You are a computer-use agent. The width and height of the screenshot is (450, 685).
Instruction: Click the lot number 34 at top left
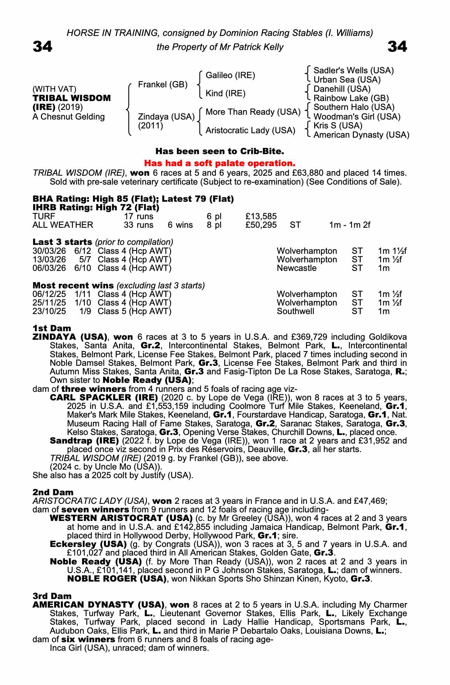click(x=42, y=47)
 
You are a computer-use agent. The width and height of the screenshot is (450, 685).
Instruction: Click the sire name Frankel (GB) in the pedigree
click(x=163, y=85)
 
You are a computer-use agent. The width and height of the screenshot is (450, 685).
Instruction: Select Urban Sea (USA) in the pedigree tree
click(x=347, y=80)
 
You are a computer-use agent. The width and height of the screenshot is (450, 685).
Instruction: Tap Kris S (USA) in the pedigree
click(x=338, y=126)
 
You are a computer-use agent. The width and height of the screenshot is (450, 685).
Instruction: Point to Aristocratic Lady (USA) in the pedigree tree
click(x=250, y=130)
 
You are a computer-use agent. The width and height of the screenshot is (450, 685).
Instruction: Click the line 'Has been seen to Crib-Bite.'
click(x=220, y=151)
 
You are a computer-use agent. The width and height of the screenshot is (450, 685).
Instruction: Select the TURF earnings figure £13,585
click(x=261, y=216)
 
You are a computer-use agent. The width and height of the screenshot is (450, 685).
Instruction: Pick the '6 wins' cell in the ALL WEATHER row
click(x=180, y=225)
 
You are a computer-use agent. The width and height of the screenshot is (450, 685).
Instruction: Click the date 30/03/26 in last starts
click(x=49, y=251)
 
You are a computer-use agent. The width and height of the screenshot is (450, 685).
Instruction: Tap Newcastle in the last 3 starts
click(x=296, y=268)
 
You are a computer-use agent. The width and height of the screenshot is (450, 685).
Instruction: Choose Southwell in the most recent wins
click(x=295, y=311)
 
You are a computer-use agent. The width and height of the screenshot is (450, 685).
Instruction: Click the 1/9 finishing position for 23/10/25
click(x=85, y=311)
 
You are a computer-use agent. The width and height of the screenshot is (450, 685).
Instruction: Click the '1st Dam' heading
click(x=52, y=328)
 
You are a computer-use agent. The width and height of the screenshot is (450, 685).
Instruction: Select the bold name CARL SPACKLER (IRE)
click(x=104, y=398)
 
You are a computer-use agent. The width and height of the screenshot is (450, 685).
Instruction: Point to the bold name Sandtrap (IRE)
click(x=84, y=440)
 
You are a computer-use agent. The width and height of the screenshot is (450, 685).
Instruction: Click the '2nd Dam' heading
click(x=53, y=492)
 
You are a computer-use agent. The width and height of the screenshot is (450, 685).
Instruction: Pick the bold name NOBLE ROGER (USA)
click(x=117, y=579)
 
